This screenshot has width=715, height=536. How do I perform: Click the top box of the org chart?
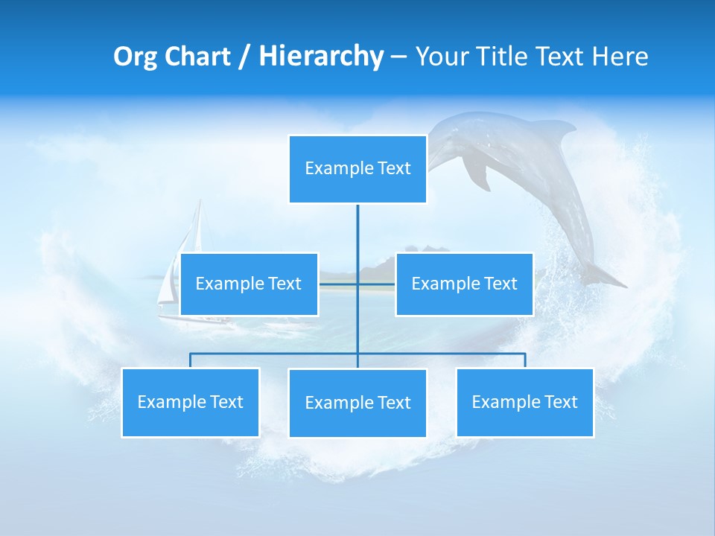pyautogui.click(x=357, y=169)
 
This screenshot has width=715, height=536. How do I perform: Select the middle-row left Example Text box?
pyautogui.click(x=249, y=284)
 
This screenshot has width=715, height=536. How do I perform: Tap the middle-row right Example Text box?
pyautogui.click(x=464, y=284)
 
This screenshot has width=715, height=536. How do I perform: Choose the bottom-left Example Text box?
pyautogui.click(x=190, y=402)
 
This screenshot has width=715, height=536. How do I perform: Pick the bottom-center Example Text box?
pyautogui.click(x=357, y=403)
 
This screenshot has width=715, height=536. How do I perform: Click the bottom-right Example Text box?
pyautogui.click(x=524, y=402)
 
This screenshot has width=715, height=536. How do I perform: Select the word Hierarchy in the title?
pyautogui.click(x=320, y=57)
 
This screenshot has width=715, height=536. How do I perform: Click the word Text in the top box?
pyautogui.click(x=394, y=168)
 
